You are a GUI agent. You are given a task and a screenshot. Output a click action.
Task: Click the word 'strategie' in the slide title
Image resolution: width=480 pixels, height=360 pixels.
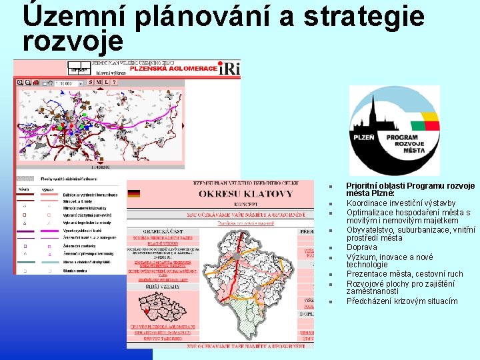pos(363,17)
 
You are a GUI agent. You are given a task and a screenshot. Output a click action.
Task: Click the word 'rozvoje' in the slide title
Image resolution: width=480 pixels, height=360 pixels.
pos(73,41)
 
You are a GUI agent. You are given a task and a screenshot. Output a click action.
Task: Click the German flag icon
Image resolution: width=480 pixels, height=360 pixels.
pos(134,193)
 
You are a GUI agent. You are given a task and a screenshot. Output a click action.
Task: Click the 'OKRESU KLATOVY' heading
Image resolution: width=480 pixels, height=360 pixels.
pos(245,194)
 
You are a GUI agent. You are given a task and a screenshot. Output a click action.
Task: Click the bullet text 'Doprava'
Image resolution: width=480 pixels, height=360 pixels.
pos(362,247)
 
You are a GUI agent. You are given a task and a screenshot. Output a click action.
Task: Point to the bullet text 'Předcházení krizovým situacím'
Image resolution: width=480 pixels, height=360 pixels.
pos(402,301)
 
